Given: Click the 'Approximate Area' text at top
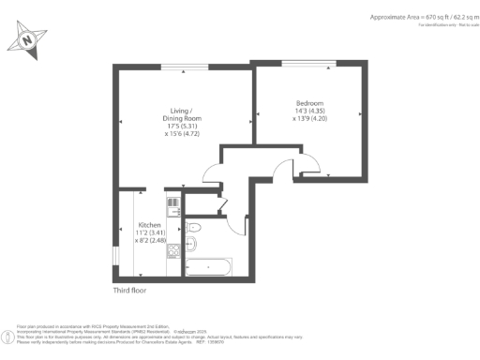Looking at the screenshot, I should (408, 17).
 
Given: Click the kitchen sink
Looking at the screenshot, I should (172, 265).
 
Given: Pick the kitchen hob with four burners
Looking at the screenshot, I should (172, 204).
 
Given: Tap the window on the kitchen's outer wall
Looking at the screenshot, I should (114, 256).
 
